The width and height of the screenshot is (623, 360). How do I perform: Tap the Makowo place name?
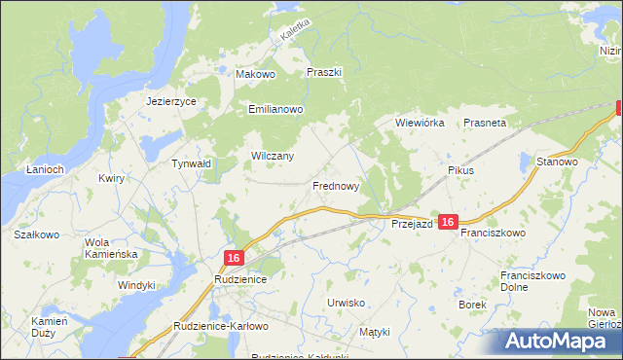257,73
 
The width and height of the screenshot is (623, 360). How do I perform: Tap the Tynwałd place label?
191,164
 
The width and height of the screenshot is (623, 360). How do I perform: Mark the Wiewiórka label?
420,124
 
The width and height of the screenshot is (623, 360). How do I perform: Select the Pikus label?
460,170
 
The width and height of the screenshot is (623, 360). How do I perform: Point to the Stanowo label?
558,162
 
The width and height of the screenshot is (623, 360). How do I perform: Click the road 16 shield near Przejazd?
448,223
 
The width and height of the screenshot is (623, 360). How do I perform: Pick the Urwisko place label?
346,303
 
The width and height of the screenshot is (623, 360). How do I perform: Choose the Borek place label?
472,305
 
